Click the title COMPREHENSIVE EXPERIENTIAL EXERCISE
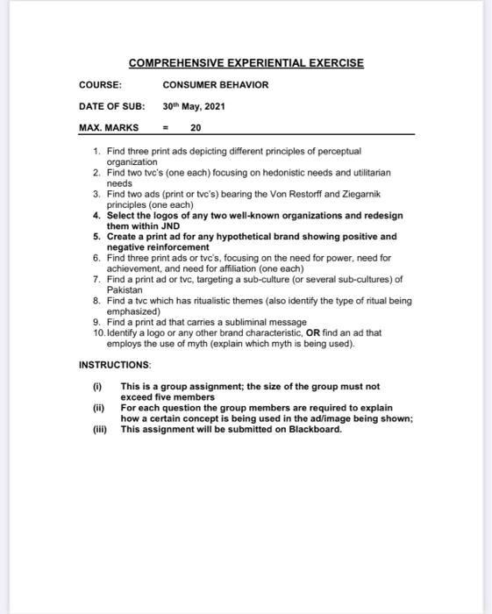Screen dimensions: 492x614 (x=246, y=63)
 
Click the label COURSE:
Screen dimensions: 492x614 (x=100, y=85)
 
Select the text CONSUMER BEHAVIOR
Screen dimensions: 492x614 (x=216, y=85)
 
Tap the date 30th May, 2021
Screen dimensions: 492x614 (x=194, y=106)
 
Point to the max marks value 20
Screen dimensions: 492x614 (x=196, y=127)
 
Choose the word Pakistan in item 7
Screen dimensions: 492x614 (x=124, y=289)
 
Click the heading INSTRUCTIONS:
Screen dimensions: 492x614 (x=115, y=363)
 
